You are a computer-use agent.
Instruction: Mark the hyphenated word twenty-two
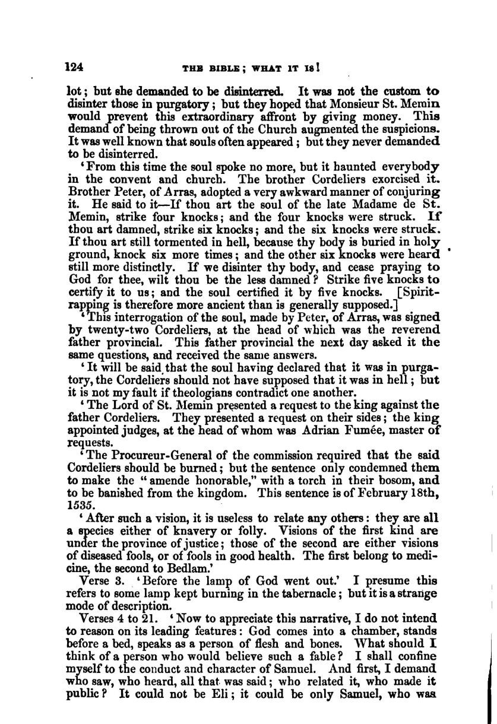coord(113,329)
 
